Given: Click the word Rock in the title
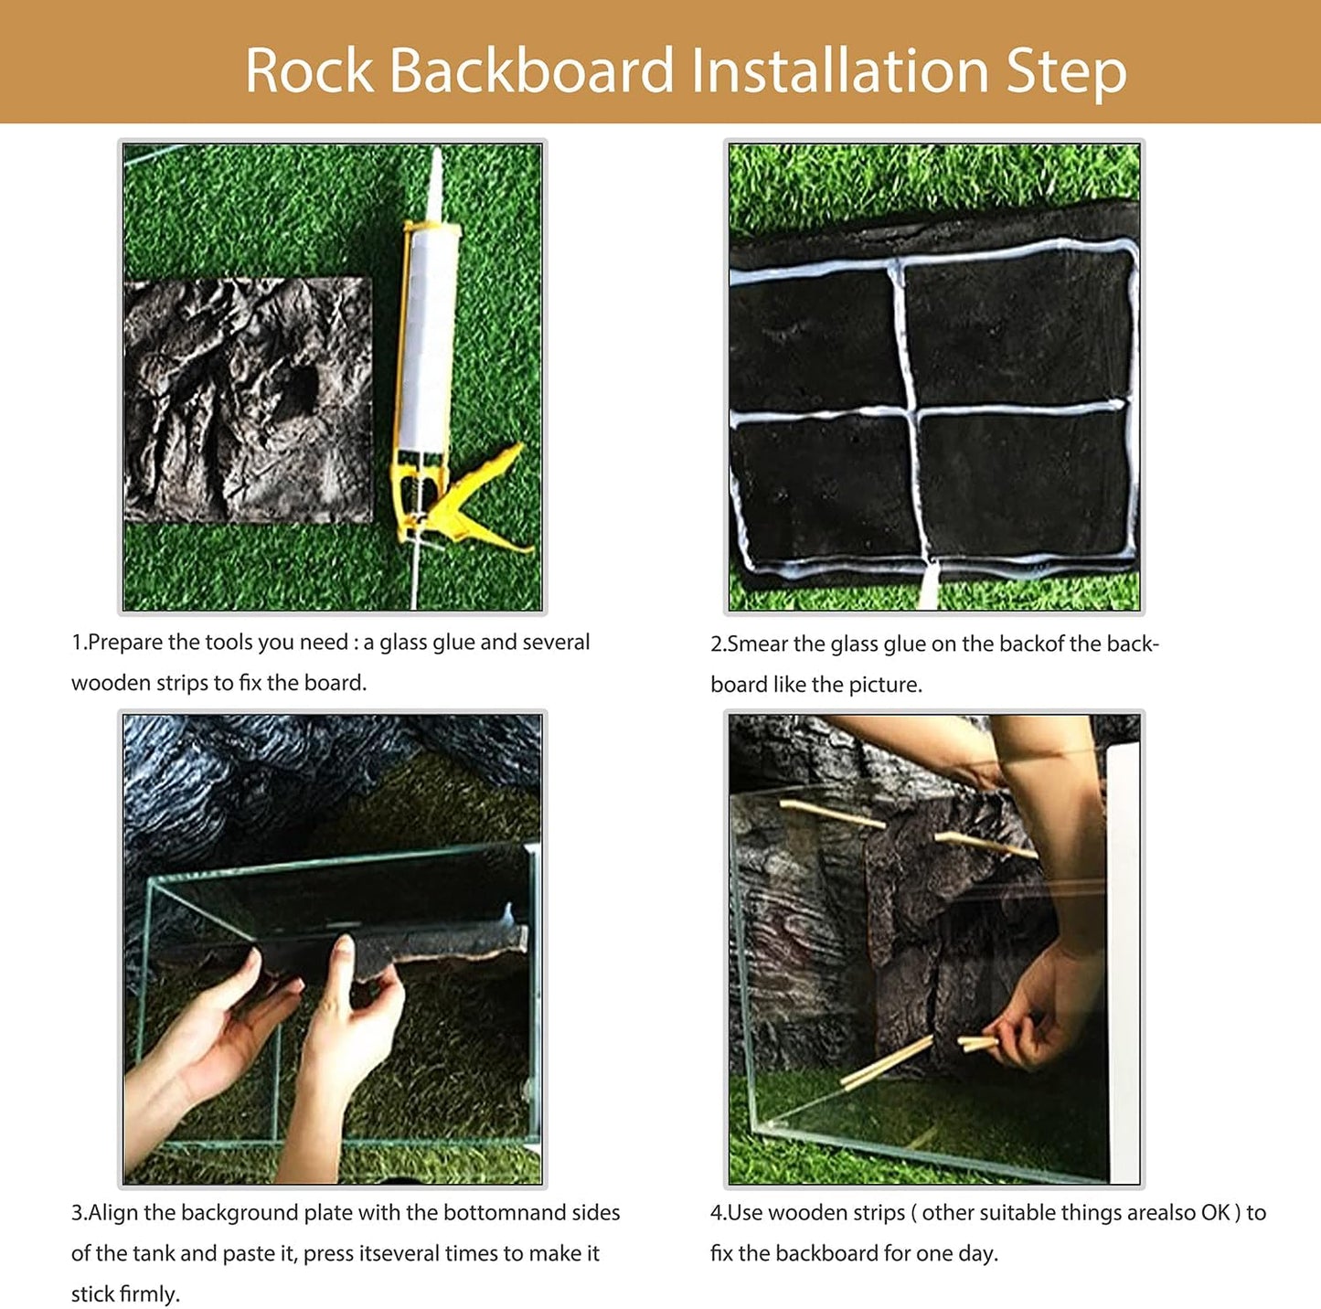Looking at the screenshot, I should point(309,71).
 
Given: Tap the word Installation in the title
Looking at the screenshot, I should point(839,71).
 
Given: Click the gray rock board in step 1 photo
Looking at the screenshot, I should point(248,400).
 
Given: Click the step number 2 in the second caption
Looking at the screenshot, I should point(717,644).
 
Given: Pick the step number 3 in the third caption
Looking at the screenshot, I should point(77,1213).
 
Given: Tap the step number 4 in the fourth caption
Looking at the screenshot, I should point(717,1213).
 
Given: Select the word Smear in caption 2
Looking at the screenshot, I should point(758,644).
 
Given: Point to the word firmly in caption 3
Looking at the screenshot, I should point(150,1294).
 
